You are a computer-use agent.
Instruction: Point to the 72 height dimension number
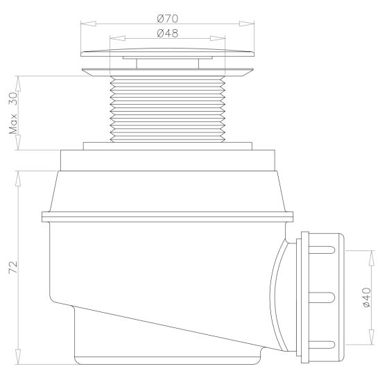(x=13, y=266)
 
